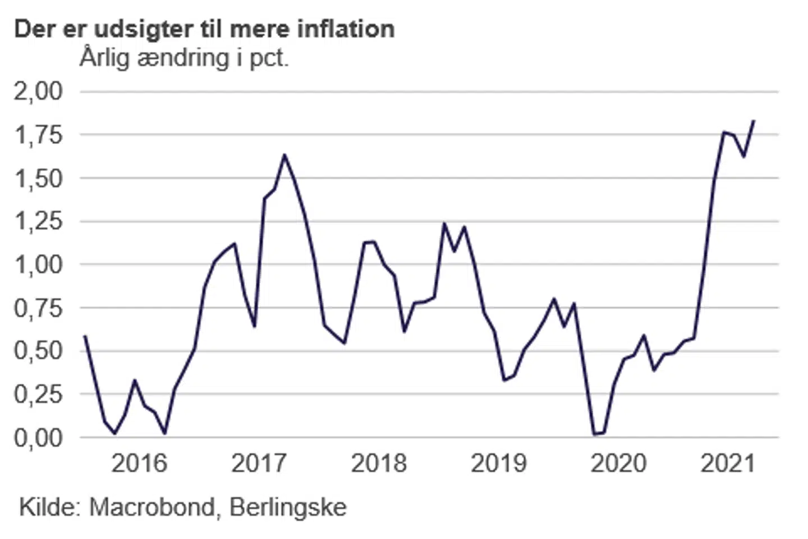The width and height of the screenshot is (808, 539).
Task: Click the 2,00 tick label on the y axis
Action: [38, 91]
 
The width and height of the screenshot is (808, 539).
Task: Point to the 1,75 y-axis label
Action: [38, 135]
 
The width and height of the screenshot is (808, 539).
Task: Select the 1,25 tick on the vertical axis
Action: [38, 221]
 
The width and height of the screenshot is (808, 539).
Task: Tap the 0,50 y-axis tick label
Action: [38, 350]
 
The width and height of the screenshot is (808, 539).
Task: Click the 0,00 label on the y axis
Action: [38, 437]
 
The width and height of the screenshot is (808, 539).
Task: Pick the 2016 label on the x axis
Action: [139, 464]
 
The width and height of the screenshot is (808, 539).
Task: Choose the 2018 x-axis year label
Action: [379, 464]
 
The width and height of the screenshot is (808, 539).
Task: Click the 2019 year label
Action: [499, 464]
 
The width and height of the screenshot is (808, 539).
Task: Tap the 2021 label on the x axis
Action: [728, 464]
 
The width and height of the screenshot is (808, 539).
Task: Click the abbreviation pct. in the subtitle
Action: [269, 59]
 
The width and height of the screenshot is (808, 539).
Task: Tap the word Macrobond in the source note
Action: [152, 508]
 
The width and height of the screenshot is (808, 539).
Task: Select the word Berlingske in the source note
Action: [288, 508]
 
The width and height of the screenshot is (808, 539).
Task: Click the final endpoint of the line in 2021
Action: [754, 120]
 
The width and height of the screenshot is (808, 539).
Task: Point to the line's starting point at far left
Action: [84, 336]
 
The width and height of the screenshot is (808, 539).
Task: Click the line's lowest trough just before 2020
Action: [594, 434]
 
